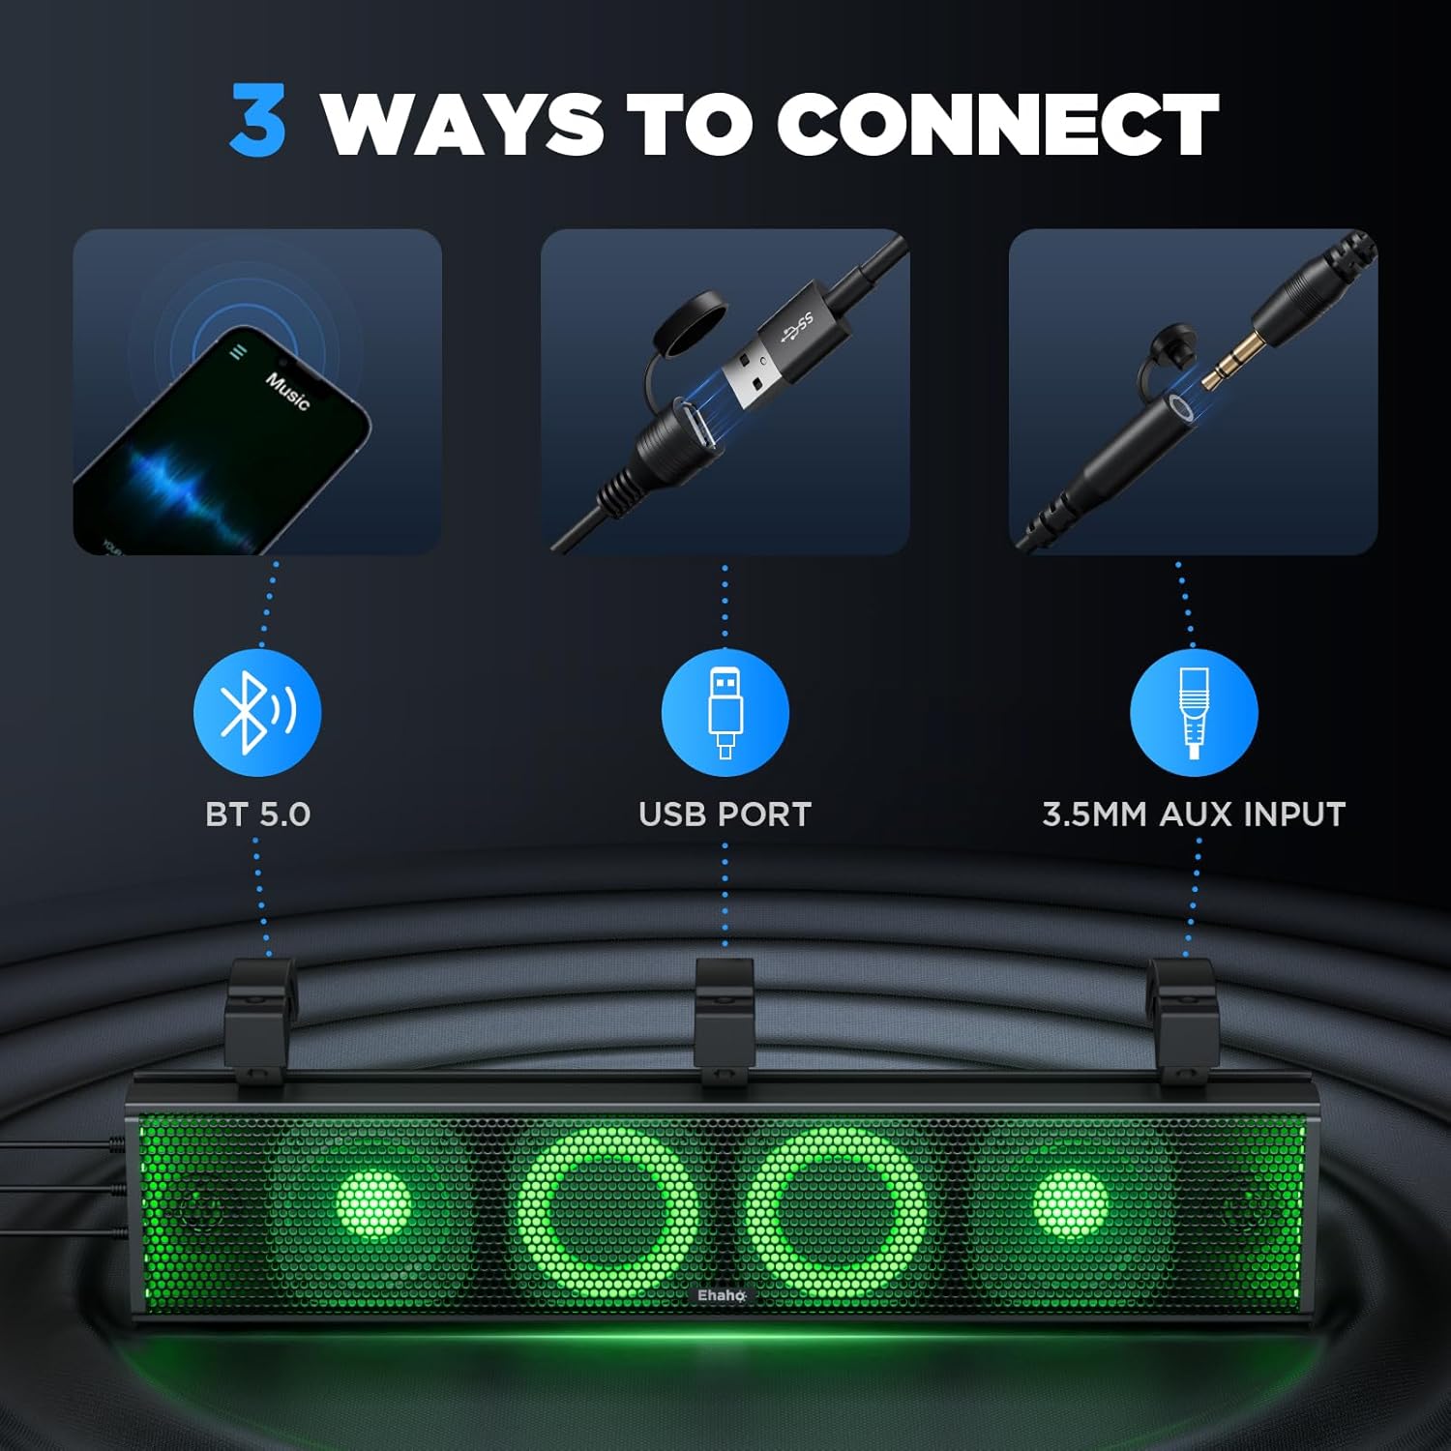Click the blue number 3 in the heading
(x=258, y=121)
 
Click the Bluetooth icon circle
(x=257, y=712)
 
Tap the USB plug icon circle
(x=725, y=712)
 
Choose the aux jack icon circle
(x=1194, y=712)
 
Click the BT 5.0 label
(x=257, y=814)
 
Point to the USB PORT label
(x=725, y=814)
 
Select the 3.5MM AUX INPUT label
(x=1194, y=814)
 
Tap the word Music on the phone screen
(x=287, y=391)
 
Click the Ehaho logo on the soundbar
(x=722, y=1295)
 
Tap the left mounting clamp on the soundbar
(x=259, y=1021)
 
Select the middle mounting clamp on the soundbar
(x=725, y=1021)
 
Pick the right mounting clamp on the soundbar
(x=1181, y=1021)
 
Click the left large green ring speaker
(x=607, y=1212)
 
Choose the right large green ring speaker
(x=838, y=1212)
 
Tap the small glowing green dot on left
(x=374, y=1205)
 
